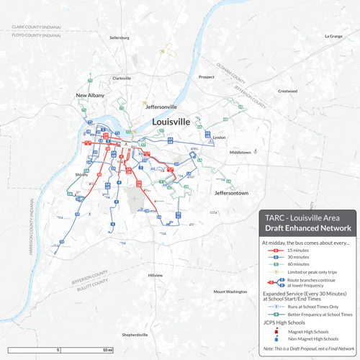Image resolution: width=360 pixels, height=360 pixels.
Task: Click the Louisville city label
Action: click(x=171, y=122)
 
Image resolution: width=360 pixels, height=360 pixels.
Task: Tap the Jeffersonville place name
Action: click(x=161, y=107)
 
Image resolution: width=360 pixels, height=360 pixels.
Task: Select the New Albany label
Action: click(x=90, y=95)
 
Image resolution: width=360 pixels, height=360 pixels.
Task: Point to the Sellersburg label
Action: click(x=120, y=37)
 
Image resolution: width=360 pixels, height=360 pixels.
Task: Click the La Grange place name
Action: click(x=333, y=36)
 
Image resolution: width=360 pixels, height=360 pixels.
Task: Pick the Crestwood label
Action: click(x=287, y=91)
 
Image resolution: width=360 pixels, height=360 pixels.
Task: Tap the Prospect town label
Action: click(x=206, y=77)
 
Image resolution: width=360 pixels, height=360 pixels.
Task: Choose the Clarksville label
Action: click(x=122, y=78)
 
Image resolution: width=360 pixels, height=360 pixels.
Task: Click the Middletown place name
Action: click(x=240, y=153)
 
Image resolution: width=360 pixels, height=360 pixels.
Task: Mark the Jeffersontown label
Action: click(x=231, y=194)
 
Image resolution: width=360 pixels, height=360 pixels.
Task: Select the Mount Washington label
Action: click(x=230, y=292)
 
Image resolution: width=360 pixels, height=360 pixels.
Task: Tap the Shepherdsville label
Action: click(x=135, y=335)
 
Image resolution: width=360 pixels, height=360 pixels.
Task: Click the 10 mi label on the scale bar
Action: click(x=107, y=350)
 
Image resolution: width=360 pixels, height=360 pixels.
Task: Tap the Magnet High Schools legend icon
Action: click(x=276, y=332)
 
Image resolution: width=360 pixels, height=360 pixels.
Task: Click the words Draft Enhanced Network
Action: click(x=308, y=228)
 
